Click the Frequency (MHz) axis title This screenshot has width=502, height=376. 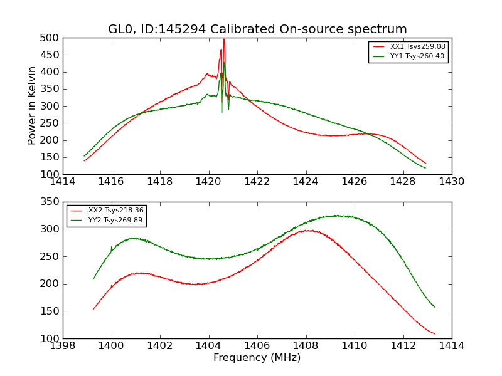[257, 358]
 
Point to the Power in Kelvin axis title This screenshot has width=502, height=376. [33, 106]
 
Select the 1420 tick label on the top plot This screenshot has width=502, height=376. [208, 182]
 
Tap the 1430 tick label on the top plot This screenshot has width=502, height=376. [451, 182]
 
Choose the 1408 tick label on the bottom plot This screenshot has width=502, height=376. [306, 346]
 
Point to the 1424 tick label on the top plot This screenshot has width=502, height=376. [306, 182]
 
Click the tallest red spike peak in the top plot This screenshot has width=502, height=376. [223, 39]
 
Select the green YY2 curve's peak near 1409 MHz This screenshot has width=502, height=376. [337, 216]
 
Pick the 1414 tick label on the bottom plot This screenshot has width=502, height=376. [451, 346]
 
